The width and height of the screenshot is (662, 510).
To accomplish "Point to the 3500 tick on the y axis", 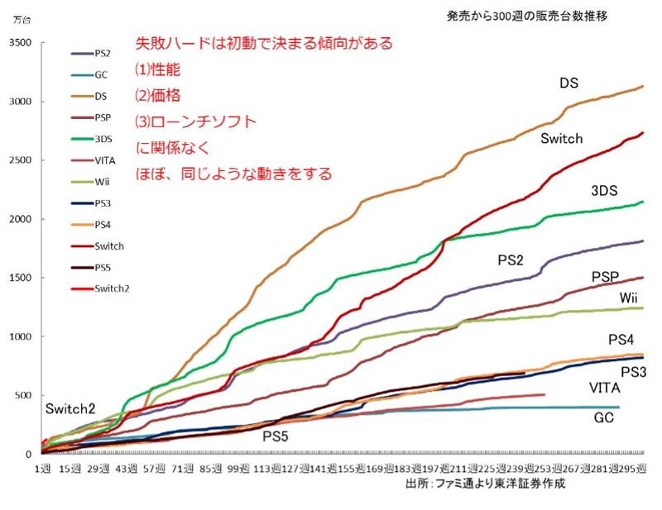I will pyautogui.click(x=20, y=43).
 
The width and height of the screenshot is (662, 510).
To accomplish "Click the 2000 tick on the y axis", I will pyautogui.click(x=20, y=219).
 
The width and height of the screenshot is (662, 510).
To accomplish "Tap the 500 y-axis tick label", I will pyautogui.click(x=22, y=395).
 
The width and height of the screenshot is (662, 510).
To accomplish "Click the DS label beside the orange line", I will pyautogui.click(x=568, y=83).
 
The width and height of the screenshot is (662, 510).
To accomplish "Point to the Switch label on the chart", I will pyautogui.click(x=562, y=139).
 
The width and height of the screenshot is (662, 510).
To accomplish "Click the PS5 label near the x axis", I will pyautogui.click(x=276, y=436).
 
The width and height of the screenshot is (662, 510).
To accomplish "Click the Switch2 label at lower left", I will pyautogui.click(x=71, y=408).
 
